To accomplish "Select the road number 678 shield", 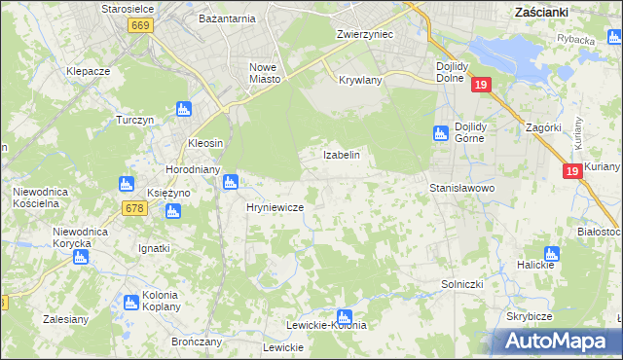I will click(135, 208).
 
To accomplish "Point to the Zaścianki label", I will click(541, 13).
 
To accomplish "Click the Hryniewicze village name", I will click(275, 208).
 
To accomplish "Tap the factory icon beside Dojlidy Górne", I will click(439, 132).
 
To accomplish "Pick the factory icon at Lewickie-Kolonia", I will click(343, 315).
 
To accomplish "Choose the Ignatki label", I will click(155, 249).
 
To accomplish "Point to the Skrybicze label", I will click(530, 317).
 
